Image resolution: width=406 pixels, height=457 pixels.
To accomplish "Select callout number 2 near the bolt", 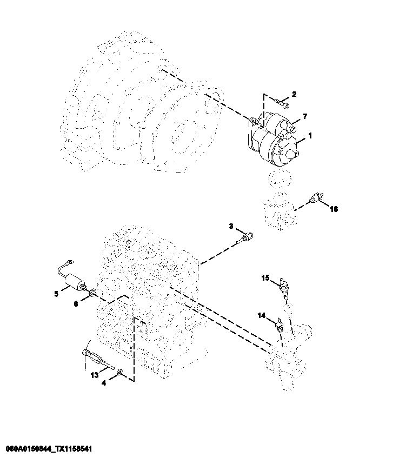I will click(x=294, y=95).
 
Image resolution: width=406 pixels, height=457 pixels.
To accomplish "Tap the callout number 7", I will click(x=305, y=116).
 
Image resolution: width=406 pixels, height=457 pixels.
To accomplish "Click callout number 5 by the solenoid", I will click(x=56, y=294).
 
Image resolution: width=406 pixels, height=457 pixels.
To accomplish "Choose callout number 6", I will click(x=76, y=304).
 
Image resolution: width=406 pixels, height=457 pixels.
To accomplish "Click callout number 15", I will click(x=265, y=278).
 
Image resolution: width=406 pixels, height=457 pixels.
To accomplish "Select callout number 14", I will click(x=261, y=315).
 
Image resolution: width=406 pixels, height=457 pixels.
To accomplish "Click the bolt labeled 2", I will click(x=279, y=101).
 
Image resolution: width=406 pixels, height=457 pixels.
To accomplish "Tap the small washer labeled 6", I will click(x=93, y=294).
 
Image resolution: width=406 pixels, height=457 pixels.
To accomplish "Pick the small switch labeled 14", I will click(x=279, y=326).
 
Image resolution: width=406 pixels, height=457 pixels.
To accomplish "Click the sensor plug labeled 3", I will click(x=246, y=235).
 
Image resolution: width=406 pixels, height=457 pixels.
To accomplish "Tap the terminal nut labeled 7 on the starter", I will click(x=291, y=128).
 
